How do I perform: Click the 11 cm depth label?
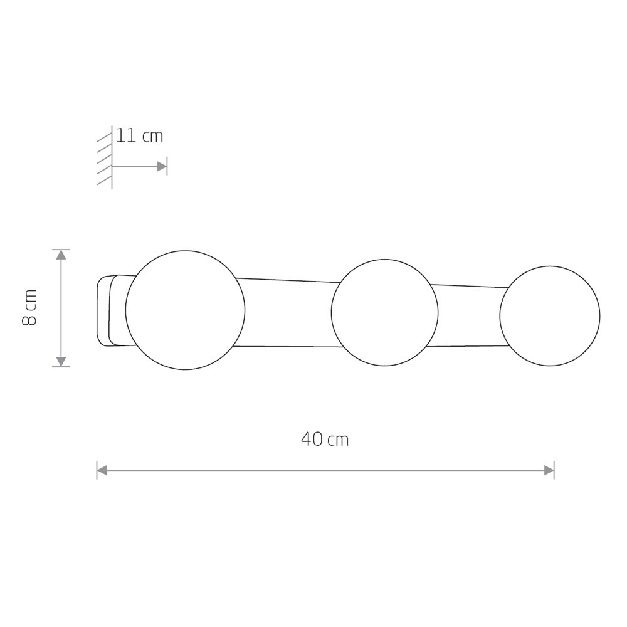(x=140, y=136)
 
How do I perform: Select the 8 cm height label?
(x=29, y=307)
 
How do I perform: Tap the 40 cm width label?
(x=325, y=440)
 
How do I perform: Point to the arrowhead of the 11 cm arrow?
(x=162, y=166)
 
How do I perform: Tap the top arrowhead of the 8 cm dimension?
(x=61, y=255)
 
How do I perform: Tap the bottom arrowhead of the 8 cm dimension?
(x=61, y=362)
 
